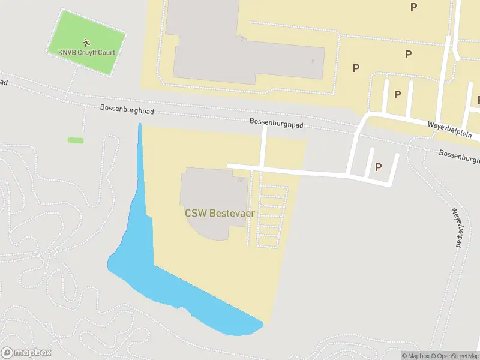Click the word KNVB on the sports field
pyautogui.click(x=67, y=52)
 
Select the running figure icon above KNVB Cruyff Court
pyautogui.click(x=86, y=42)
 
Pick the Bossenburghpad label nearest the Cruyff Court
pyautogui.click(x=125, y=109)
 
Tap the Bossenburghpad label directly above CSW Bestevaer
pyautogui.click(x=277, y=122)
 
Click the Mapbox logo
pyautogui.click(x=26, y=353)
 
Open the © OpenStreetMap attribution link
pyautogui.click(x=454, y=356)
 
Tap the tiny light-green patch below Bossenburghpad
pyautogui.click(x=76, y=140)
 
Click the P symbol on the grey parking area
pyautogui.click(x=378, y=167)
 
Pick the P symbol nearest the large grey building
pyautogui.click(x=356, y=68)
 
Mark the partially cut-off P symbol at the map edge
pyautogui.click(x=478, y=100)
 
